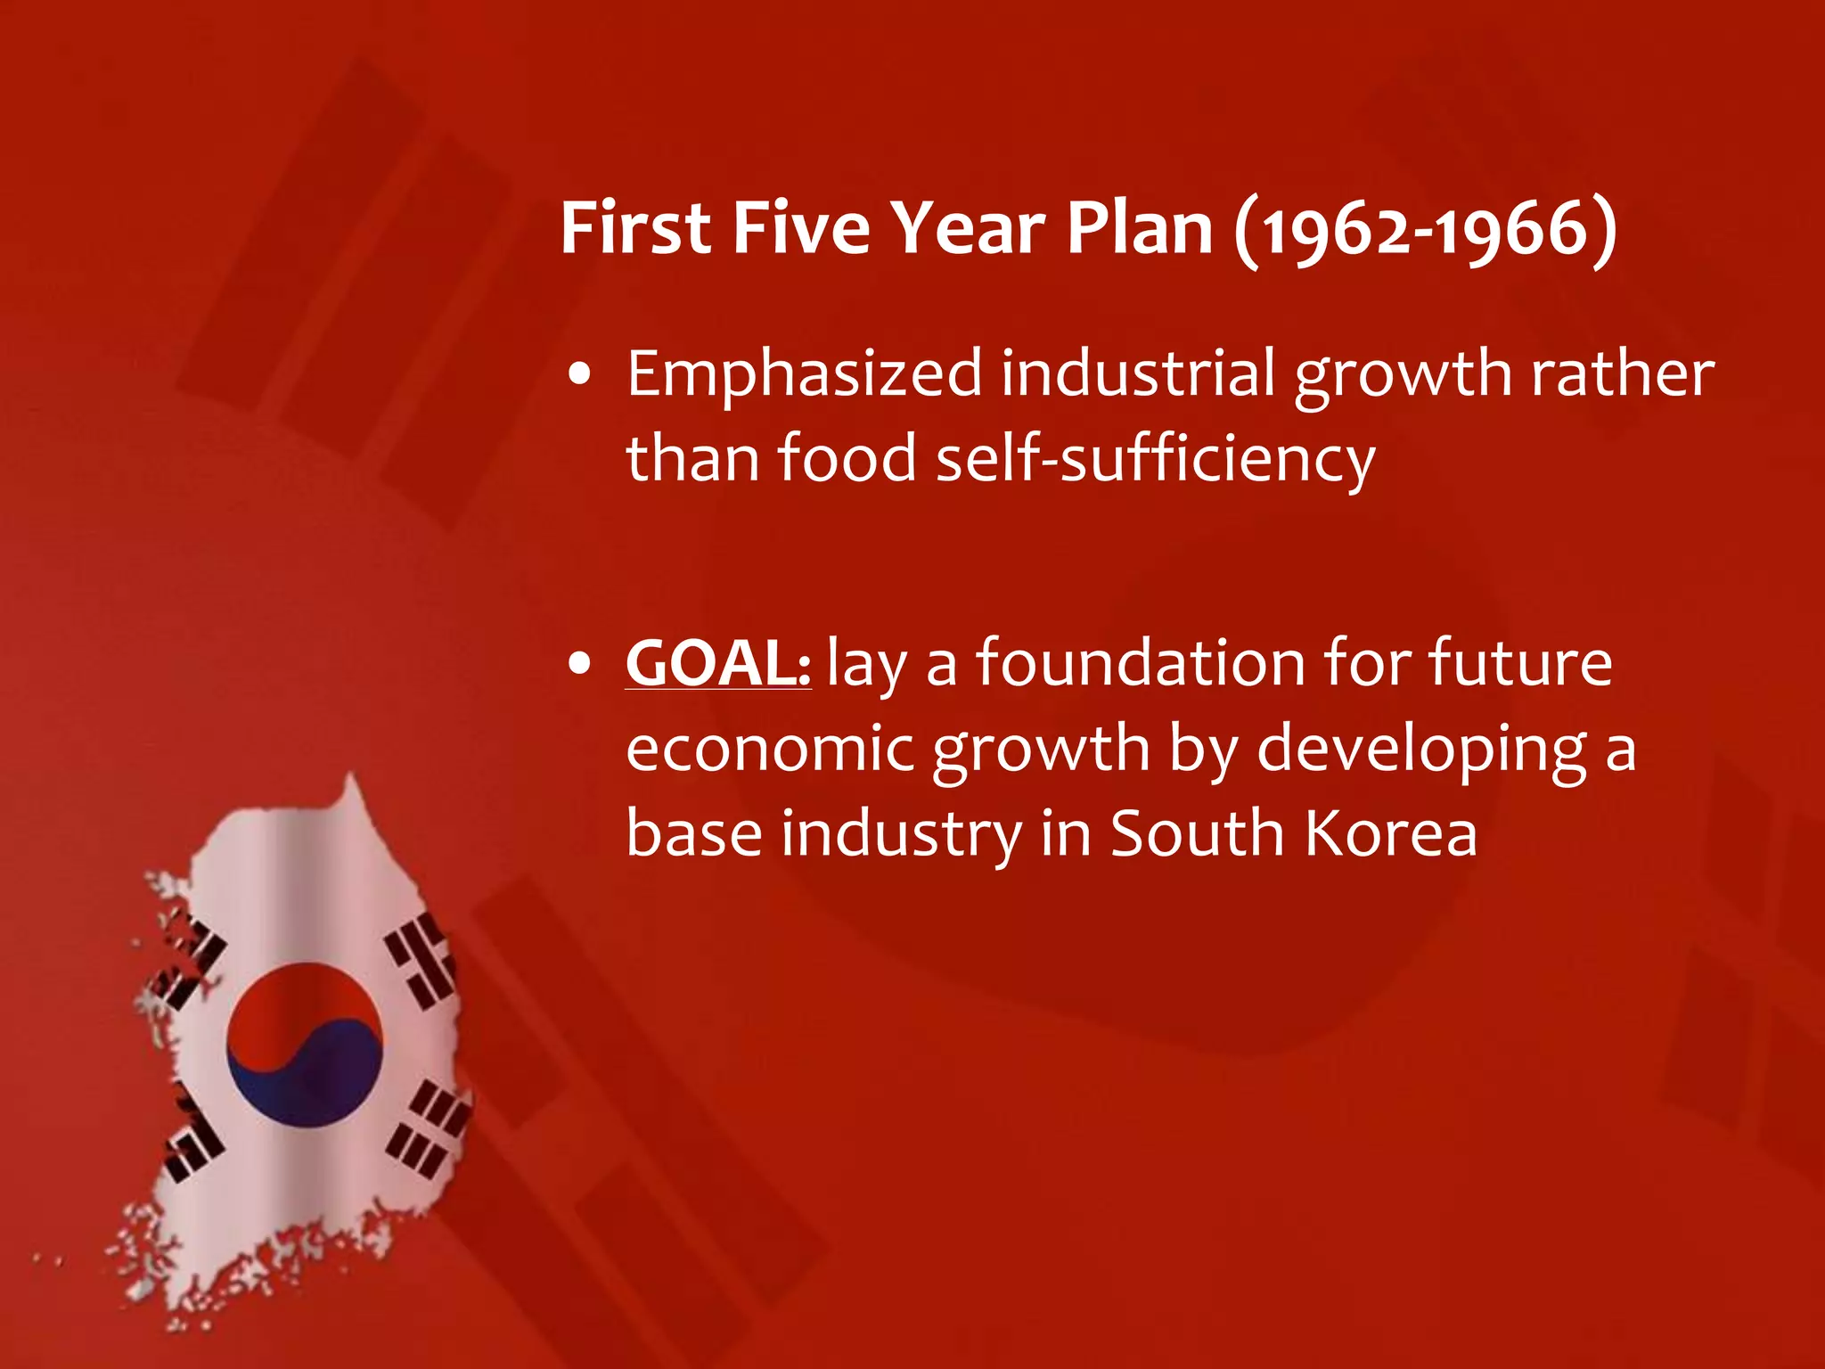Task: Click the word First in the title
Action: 635,228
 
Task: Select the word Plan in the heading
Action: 1140,228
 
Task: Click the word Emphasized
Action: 804,374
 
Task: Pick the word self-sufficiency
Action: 1156,458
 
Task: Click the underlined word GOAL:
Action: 718,663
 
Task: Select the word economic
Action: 770,749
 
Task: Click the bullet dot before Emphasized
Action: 580,376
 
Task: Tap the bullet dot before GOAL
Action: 580,665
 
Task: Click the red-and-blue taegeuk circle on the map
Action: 305,1044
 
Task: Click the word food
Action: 847,458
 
